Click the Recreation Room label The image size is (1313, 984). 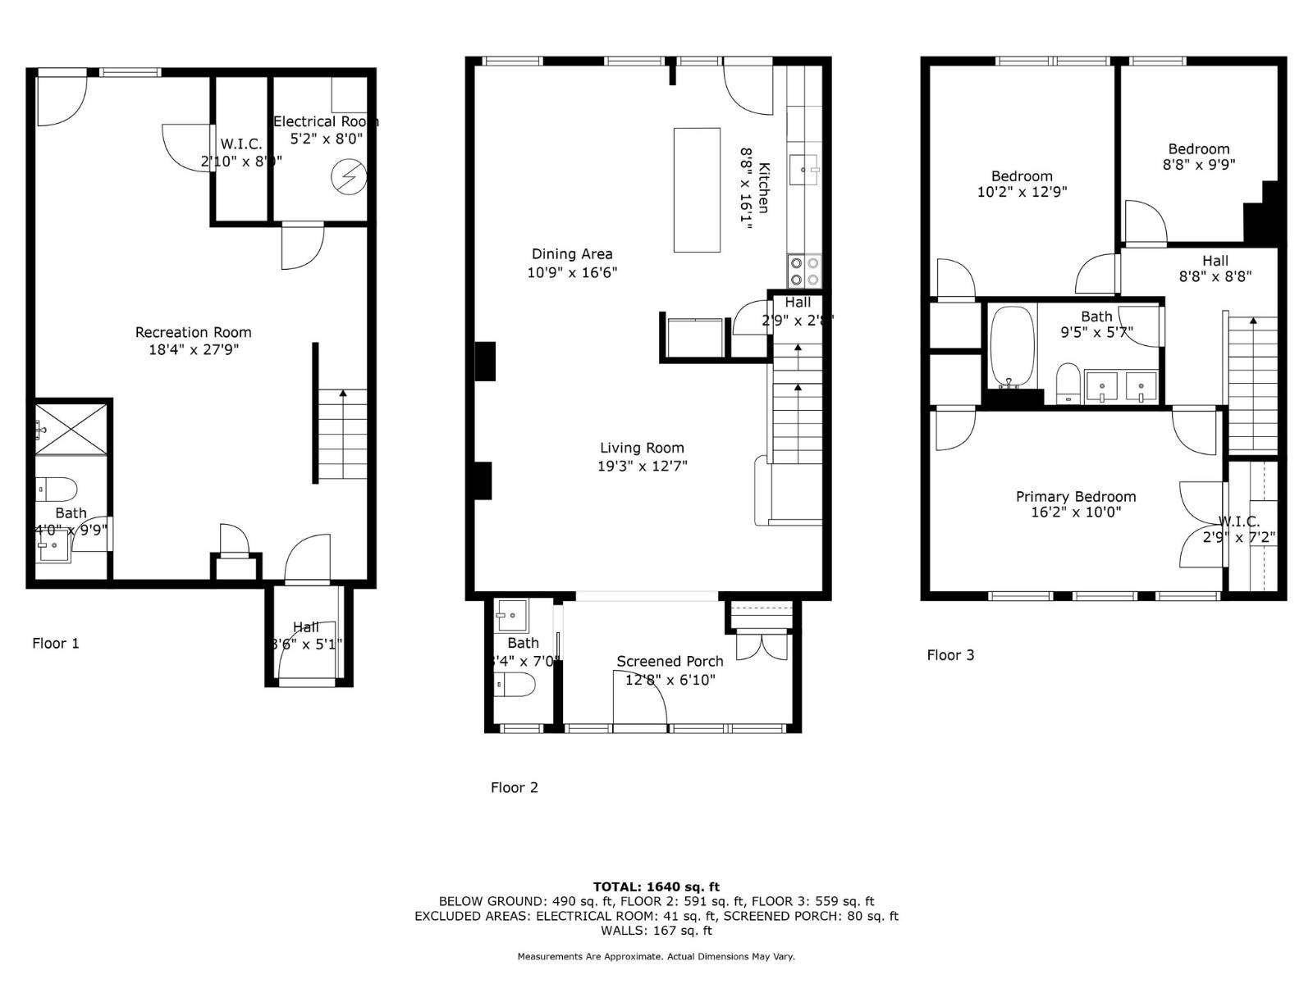coord(193,332)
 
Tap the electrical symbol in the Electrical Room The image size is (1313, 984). coord(348,177)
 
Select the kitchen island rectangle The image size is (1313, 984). coord(697,189)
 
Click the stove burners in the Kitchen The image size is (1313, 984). coord(803,271)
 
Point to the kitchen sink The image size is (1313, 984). coord(803,170)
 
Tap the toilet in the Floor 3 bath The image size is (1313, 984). coord(1068,381)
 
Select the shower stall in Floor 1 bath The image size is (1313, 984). coord(72,427)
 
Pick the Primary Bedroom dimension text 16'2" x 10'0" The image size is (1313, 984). coord(1076,512)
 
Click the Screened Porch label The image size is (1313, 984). coord(670,661)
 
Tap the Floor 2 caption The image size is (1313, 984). coord(514,787)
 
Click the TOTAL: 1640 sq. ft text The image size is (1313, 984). coord(656,886)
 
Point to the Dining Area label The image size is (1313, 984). coord(572,254)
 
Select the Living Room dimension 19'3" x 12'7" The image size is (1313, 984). coord(642,466)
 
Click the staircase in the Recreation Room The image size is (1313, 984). coord(342,435)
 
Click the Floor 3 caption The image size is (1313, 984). coord(950,654)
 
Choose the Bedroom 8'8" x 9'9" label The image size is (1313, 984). coord(1198,149)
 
